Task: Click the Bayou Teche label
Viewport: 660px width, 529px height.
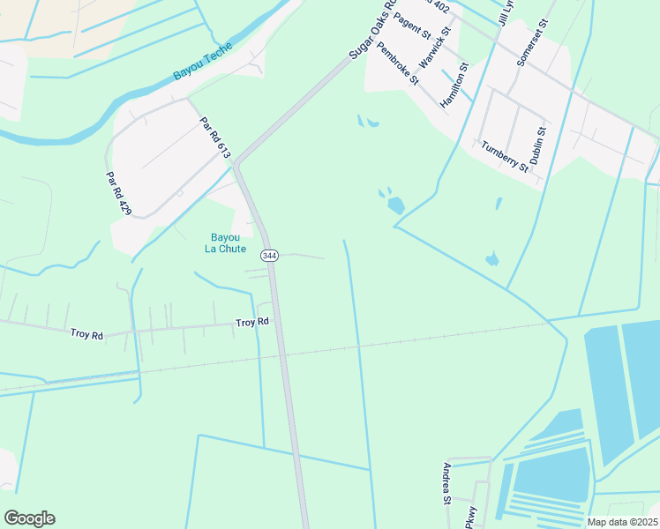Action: tap(202, 61)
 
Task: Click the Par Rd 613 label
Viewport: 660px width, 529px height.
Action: tap(214, 139)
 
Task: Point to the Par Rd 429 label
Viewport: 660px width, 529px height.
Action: tap(113, 196)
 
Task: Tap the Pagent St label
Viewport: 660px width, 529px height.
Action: tap(412, 26)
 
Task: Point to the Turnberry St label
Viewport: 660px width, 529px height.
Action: tap(504, 156)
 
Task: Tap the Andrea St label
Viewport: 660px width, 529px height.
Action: tap(448, 483)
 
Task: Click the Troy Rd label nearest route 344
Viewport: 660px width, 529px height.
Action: tap(251, 323)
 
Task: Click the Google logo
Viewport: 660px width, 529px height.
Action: tap(29, 518)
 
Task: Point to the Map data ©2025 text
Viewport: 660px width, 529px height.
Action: tap(621, 522)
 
